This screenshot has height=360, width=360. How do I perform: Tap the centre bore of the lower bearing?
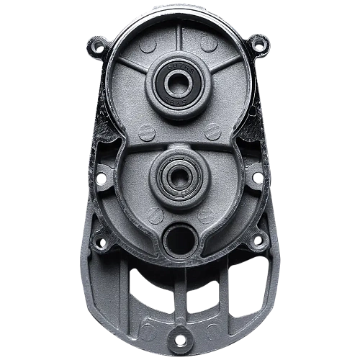click(176, 175)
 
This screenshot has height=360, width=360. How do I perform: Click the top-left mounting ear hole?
click(98, 49)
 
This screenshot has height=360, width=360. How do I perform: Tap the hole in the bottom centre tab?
click(179, 338)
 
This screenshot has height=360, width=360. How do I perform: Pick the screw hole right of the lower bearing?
click(256, 176)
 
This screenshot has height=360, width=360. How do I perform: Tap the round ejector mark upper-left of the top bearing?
click(148, 45)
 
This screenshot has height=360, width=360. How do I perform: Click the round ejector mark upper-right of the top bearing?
click(209, 45)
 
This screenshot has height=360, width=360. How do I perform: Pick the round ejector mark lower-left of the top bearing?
click(146, 132)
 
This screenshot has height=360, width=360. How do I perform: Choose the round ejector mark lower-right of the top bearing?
click(212, 131)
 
